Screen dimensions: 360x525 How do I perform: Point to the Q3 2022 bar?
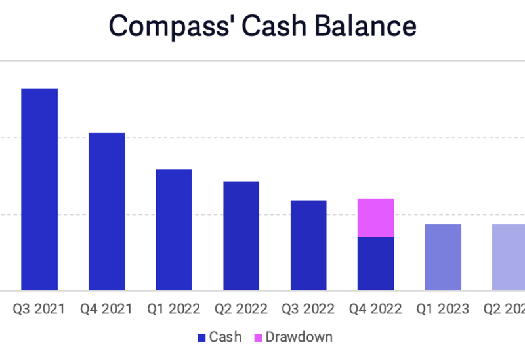[308, 245]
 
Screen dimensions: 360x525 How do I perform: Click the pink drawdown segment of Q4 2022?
[375, 217]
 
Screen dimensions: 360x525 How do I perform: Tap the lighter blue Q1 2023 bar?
[443, 257]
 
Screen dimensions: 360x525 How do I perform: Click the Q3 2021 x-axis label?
[39, 309]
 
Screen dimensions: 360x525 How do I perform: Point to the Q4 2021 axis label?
[107, 309]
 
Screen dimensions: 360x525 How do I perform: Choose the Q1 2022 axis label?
[174, 309]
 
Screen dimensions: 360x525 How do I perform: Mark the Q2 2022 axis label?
[241, 309]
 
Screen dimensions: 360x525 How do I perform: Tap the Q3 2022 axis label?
[308, 309]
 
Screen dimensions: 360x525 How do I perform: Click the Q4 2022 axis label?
[375, 309]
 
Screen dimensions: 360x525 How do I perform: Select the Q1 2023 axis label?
[443, 309]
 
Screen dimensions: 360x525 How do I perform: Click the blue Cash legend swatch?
[202, 338]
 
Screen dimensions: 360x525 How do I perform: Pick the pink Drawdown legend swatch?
[258, 338]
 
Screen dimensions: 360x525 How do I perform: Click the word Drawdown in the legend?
[299, 338]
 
